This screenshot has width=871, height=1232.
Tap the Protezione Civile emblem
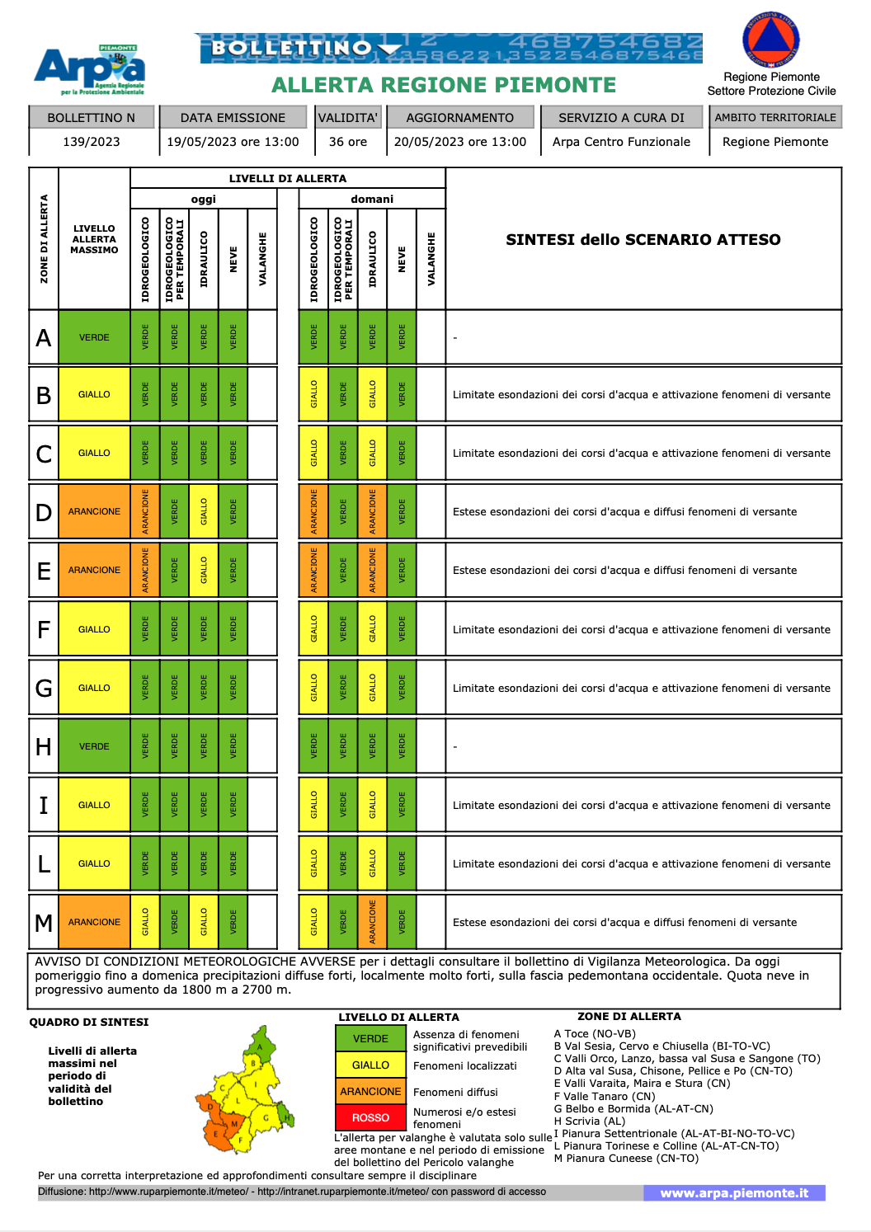point(771,40)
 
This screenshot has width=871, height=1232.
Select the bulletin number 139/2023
point(92,142)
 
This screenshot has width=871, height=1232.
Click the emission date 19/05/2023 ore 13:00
point(233,142)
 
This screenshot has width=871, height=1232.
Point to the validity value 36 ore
point(348,142)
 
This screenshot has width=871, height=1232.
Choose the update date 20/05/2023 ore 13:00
point(460,142)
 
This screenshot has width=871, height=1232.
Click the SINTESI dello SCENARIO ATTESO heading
point(643,240)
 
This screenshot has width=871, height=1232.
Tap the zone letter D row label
point(44,512)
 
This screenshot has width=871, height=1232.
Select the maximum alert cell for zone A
point(94,337)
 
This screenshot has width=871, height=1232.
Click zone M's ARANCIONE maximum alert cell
point(94,922)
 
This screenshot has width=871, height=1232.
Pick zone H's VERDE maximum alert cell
point(94,746)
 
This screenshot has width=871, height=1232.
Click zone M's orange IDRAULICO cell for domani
point(373,922)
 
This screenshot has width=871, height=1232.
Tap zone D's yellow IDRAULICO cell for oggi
point(204,512)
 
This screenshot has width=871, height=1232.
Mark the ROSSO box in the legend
point(370,1118)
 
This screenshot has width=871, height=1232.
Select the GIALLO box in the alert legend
point(370,1065)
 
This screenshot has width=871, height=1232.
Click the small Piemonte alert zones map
point(244,1089)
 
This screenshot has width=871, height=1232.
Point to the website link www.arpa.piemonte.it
point(734,1193)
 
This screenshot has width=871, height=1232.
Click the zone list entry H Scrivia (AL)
point(590,1121)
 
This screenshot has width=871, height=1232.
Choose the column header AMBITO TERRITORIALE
point(775,118)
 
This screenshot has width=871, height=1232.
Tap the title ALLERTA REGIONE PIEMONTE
point(444,86)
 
